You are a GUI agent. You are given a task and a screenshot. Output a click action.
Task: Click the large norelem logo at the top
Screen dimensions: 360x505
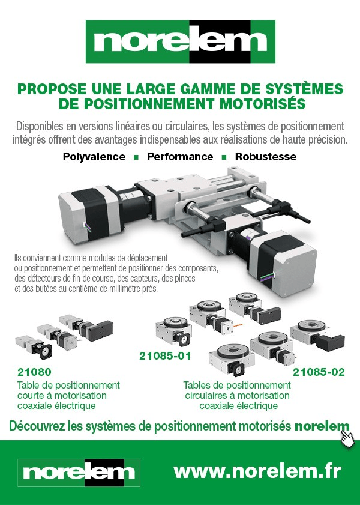181,41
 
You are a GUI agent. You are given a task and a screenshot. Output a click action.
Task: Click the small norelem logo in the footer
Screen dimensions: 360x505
79,473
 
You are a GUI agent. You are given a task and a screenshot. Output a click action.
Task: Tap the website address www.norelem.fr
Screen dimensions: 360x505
257,471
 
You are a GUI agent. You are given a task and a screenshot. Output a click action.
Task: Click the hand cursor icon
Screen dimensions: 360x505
347,438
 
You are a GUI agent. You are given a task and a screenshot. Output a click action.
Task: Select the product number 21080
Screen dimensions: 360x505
34,372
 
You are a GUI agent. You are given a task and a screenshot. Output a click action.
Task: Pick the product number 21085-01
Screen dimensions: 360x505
165,356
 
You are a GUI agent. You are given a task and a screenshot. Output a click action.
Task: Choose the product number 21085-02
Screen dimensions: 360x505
319,372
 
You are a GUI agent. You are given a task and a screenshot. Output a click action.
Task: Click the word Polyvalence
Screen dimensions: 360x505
94,157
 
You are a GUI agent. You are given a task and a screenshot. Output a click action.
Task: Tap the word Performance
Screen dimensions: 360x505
180,157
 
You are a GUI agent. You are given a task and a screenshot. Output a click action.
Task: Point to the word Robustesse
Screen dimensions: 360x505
266,157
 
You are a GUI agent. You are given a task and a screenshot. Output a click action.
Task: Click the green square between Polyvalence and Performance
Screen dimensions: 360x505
136,157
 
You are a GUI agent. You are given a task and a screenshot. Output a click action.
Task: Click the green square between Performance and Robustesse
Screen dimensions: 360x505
224,157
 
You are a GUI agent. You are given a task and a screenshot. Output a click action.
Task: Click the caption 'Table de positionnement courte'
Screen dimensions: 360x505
68,390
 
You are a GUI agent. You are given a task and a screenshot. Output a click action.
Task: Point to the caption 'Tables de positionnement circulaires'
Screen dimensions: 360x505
237,390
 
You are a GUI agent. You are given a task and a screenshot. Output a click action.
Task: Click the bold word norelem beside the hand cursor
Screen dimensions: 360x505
322,426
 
